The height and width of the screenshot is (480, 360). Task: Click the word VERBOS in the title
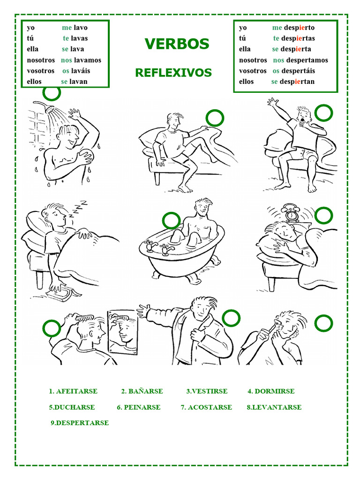pos(177,44)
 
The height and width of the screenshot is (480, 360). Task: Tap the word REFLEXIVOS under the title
pos(173,73)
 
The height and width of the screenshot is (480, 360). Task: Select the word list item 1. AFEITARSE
pos(73,391)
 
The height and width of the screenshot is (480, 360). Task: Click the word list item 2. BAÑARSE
pos(142,391)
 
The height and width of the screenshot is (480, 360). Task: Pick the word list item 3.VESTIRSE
pos(207,391)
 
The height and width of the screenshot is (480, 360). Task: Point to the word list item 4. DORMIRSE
pos(271,391)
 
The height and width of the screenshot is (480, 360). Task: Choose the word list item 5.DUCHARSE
pos(72,407)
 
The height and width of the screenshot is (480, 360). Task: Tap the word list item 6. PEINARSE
pos(139,407)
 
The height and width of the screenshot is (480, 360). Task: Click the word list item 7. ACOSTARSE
pos(206,407)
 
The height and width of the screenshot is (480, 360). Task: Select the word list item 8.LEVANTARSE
pos(274,407)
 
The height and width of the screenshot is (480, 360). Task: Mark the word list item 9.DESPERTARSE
pos(80,423)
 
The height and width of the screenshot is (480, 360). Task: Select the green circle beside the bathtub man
pos(172,220)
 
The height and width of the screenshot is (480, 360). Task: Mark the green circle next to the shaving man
pos(323,323)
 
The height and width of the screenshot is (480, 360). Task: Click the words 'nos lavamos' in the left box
pos(81,60)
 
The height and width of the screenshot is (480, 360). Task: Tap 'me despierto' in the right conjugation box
pos(293,28)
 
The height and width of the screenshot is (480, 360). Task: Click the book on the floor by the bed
pos(63,292)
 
